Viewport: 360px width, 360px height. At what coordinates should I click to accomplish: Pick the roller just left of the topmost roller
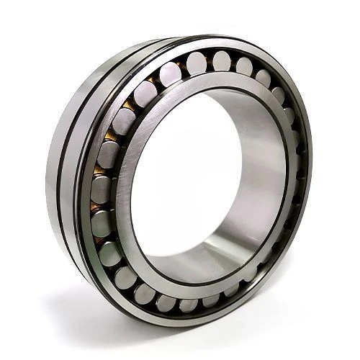(196, 64)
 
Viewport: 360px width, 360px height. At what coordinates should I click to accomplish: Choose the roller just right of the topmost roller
(244, 66)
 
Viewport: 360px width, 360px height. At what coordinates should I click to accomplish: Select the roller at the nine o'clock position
(102, 189)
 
